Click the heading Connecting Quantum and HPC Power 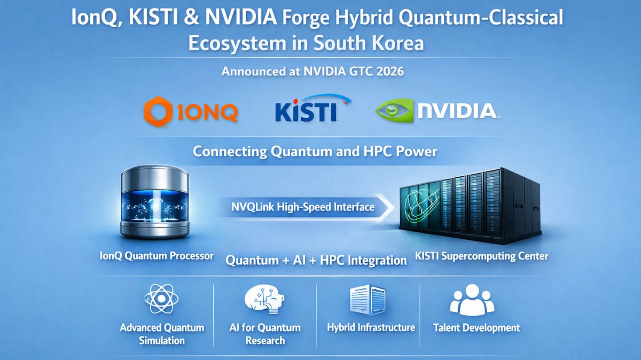tap(315, 151)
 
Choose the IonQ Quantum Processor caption tap(157, 256)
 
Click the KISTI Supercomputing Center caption tap(481, 256)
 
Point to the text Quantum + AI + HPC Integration tap(316, 260)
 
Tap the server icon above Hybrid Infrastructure tap(368, 300)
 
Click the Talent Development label tap(476, 327)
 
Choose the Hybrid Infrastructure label tap(371, 327)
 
